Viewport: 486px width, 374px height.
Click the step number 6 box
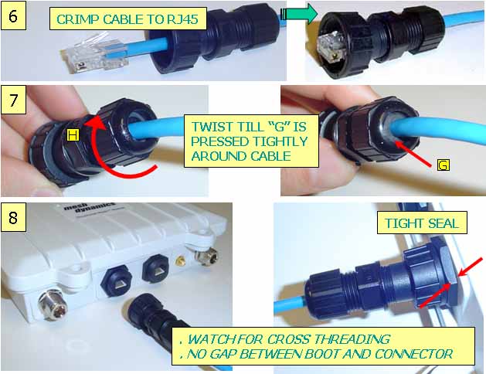pos(13,15)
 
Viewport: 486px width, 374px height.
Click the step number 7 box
pos(13,100)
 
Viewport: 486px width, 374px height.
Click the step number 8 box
pos(13,217)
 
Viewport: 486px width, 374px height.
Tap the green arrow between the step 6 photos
pos(300,14)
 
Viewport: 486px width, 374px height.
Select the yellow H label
pos(73,135)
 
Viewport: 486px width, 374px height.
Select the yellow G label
pos(444,165)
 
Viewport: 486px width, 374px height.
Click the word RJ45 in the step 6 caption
pos(182,19)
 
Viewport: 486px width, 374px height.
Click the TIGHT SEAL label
pos(422,223)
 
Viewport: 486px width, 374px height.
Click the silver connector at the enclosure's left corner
pos(53,305)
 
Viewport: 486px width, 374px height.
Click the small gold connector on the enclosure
pos(180,260)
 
